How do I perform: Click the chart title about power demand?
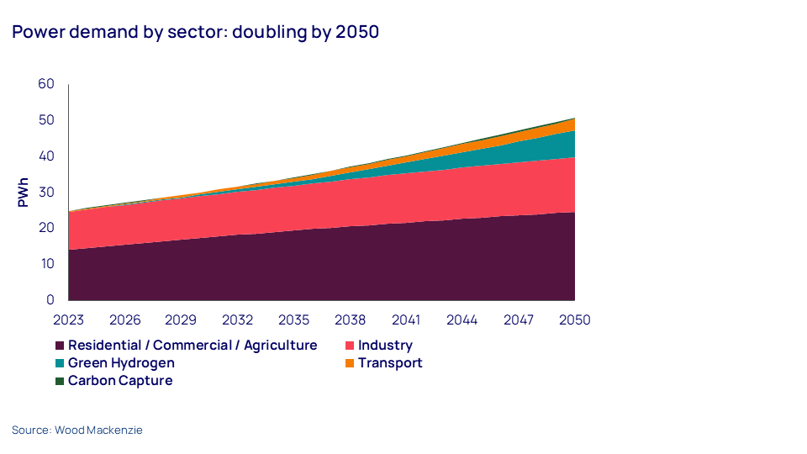click(195, 33)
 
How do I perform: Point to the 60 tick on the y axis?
click(45, 84)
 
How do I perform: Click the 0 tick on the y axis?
click(50, 299)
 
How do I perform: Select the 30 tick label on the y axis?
click(45, 192)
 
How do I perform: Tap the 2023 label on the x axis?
click(69, 320)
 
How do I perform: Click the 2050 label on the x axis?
click(575, 320)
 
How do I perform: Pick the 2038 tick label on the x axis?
click(350, 320)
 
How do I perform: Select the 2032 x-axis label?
click(238, 320)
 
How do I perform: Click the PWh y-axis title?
click(24, 192)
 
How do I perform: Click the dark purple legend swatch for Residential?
click(60, 346)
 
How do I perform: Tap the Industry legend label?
click(385, 346)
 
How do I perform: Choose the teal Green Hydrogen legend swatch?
click(60, 363)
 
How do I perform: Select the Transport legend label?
click(390, 363)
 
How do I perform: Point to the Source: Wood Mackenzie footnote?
click(77, 430)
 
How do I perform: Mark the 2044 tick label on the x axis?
click(462, 320)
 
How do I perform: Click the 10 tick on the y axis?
click(45, 264)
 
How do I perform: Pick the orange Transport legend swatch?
click(350, 363)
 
